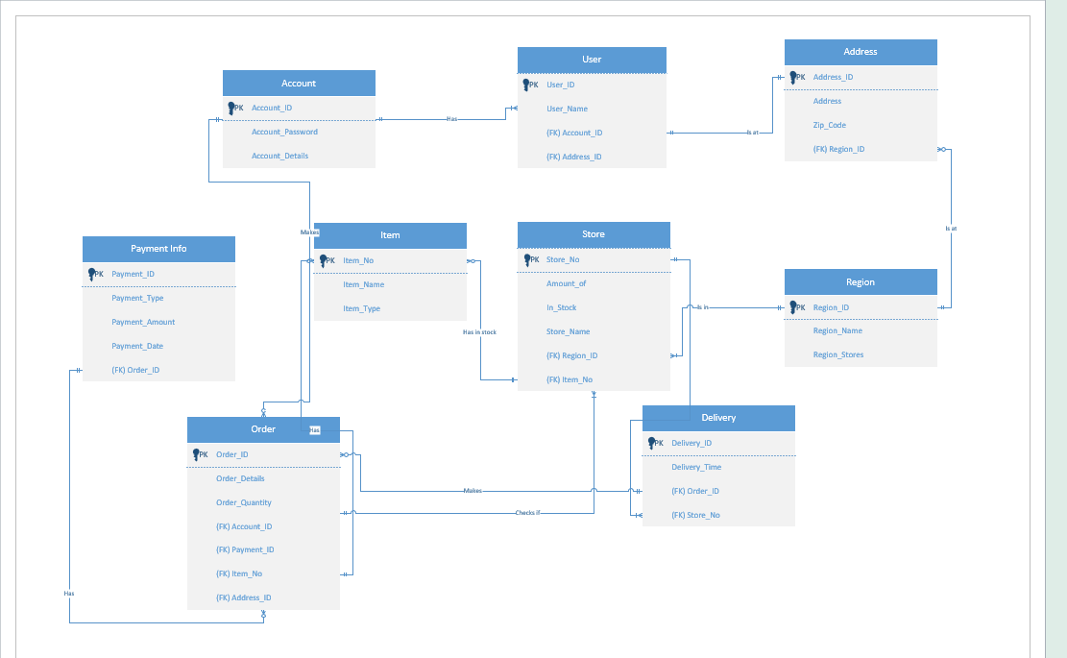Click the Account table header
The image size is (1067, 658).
[x=299, y=84]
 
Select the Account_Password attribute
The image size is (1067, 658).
[x=284, y=132]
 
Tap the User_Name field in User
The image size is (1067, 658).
[x=567, y=109]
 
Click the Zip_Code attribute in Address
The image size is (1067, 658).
[x=829, y=125]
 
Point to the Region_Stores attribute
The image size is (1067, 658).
[x=837, y=354]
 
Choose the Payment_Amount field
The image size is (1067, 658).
[x=143, y=322]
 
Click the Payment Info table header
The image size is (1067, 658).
[x=158, y=249]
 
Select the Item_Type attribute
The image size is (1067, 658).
[x=361, y=308]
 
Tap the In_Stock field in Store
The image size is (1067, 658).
[x=561, y=307]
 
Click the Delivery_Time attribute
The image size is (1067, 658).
[x=695, y=467]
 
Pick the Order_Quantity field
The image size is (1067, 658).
[x=243, y=502]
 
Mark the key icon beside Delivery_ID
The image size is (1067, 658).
[x=653, y=443]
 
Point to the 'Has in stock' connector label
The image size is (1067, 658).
[x=479, y=332]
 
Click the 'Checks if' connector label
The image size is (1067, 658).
[x=527, y=513]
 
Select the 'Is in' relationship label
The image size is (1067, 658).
[x=702, y=307]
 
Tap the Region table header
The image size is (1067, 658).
[x=861, y=282]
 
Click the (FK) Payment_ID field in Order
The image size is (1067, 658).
[x=245, y=549]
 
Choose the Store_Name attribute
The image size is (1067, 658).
[x=568, y=331]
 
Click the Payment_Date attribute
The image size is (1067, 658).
[x=137, y=346]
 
